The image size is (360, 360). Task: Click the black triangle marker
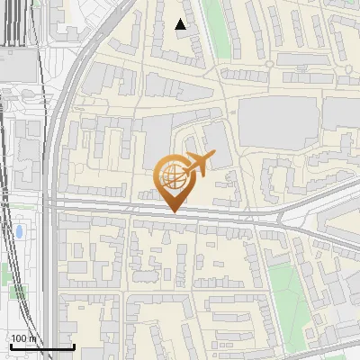[181, 24]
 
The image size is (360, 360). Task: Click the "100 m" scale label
[24, 338]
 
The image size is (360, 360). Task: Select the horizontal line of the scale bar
[41, 346]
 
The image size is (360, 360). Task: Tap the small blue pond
[19, 232]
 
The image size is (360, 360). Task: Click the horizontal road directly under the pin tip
[173, 219]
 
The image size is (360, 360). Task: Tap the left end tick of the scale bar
[10, 345]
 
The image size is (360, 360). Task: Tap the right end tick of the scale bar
[74, 345]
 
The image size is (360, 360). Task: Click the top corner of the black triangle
[181, 19]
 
